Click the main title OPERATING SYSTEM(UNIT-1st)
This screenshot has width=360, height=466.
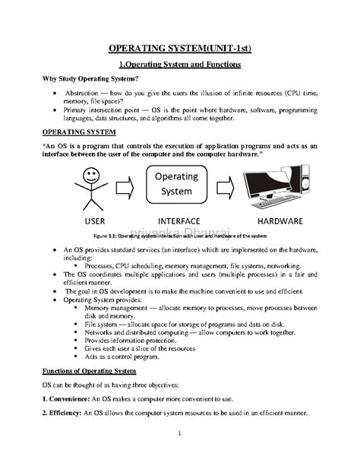point(179,48)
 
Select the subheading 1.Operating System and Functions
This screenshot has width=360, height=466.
point(179,64)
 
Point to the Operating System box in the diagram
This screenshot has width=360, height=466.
point(178,183)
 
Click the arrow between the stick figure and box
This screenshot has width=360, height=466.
point(128,185)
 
